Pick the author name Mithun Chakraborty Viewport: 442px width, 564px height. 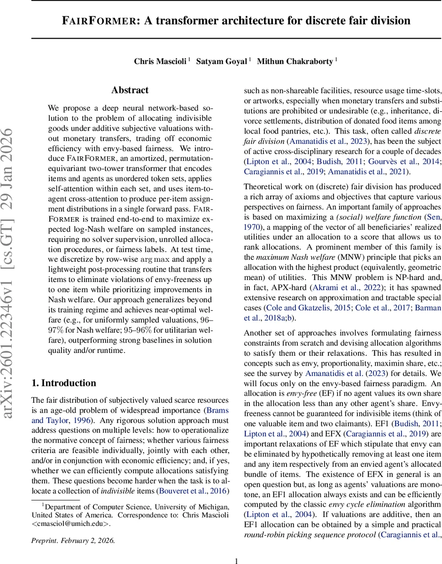point(294,62)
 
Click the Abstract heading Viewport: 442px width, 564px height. point(130,90)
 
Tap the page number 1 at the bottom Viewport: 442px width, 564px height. point(237,560)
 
